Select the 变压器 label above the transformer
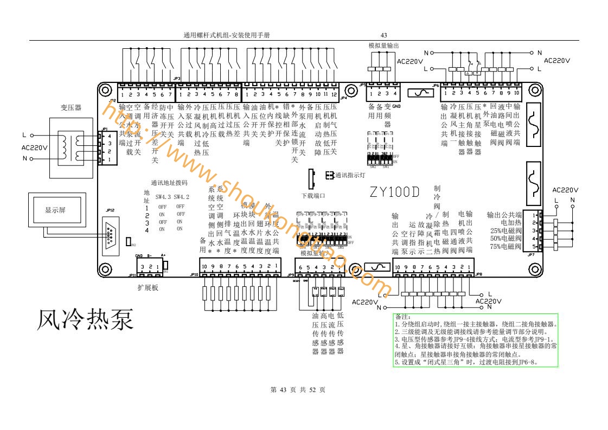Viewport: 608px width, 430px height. (71, 108)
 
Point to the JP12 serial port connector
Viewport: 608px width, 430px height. (111, 233)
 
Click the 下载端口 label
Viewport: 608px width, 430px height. (313, 195)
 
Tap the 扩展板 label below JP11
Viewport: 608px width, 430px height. (148, 288)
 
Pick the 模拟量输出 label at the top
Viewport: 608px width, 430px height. (383, 46)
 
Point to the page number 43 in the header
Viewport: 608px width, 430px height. (383, 35)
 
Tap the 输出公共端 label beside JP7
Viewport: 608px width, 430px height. (504, 215)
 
